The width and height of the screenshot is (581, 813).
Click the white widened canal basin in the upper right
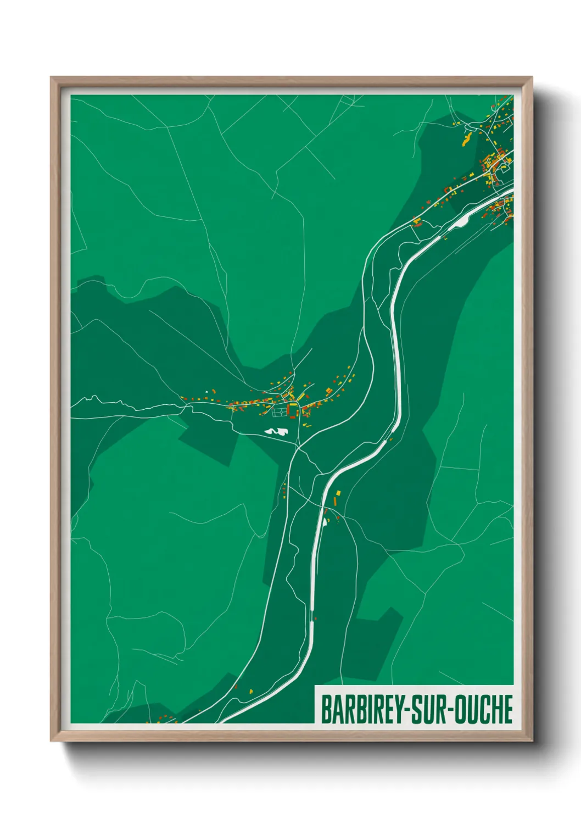(460, 221)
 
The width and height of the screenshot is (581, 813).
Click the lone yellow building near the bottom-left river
(252, 691)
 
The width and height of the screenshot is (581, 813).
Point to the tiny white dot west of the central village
(206, 392)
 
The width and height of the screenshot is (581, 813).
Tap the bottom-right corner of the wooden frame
(532, 741)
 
